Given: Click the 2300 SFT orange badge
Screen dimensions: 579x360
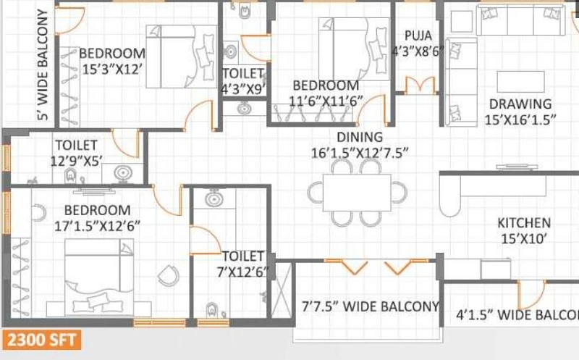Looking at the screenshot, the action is (x=42, y=340).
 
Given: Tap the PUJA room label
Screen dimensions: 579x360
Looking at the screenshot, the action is (x=418, y=35).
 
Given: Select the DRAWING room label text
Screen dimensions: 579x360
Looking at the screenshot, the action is (x=520, y=104).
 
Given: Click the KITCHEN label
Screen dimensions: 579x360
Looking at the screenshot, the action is (x=524, y=223).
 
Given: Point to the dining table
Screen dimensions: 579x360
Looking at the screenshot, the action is (x=357, y=192).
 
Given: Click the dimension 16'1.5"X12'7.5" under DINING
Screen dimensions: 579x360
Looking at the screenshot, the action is (x=360, y=153).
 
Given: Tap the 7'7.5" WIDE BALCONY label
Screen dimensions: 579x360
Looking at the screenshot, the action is (x=371, y=306).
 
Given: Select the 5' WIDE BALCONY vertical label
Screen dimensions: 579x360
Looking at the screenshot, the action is (x=43, y=64).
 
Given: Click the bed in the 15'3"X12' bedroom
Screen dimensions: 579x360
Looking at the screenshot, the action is (x=182, y=56).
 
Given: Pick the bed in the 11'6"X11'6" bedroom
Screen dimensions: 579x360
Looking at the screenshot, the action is (x=354, y=49).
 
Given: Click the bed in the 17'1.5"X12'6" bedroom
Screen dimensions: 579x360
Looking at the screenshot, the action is (x=99, y=277).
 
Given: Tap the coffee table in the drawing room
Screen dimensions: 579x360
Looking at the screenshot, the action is (x=520, y=82).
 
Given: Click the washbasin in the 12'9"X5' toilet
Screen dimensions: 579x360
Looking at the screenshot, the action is (x=123, y=173).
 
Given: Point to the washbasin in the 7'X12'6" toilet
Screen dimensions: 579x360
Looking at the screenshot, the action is (x=214, y=199).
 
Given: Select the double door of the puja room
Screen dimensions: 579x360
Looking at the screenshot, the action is (x=420, y=85).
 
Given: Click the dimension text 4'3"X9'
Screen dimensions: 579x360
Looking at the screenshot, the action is (x=243, y=89).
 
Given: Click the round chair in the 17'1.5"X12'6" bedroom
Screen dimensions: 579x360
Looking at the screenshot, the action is (x=169, y=276).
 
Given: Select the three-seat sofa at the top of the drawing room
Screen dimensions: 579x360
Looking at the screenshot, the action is (x=520, y=20).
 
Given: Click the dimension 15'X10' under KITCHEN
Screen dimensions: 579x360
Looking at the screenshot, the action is (x=523, y=239).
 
